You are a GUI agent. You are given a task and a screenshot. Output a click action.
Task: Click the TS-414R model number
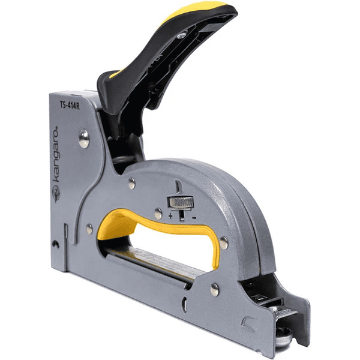[x=70, y=105]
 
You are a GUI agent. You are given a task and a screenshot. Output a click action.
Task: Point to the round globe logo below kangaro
[x=56, y=194]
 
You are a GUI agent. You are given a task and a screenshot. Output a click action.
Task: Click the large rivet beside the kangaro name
[x=84, y=139]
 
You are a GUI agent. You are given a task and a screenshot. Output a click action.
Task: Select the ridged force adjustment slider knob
[x=181, y=203]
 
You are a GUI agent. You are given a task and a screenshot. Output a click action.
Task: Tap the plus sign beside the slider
[x=170, y=216]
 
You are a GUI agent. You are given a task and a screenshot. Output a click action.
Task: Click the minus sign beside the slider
[x=194, y=217]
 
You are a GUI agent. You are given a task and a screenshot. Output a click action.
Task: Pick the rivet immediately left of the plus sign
[x=158, y=214]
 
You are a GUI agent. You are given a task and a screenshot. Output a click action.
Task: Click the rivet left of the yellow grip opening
[x=89, y=229]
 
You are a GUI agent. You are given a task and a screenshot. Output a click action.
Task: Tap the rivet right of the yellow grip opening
[x=224, y=243]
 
